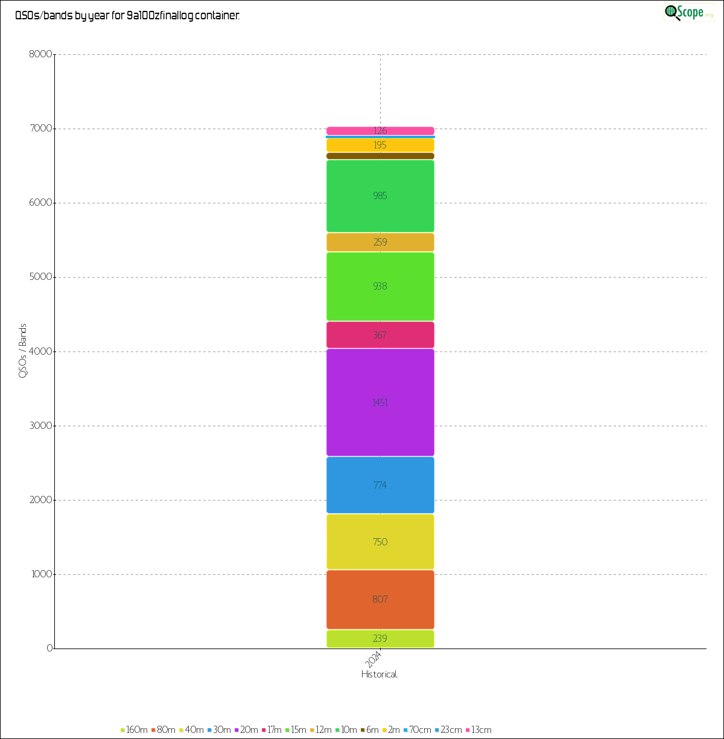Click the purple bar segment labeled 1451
coord(380,402)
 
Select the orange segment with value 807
coord(380,600)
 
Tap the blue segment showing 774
coord(380,485)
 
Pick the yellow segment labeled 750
coord(380,542)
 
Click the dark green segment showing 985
coord(380,196)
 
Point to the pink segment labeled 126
coord(380,131)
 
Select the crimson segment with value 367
coord(380,335)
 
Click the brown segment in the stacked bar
coord(380,156)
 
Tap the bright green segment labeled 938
coord(380,286)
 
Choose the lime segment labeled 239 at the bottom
coord(380,639)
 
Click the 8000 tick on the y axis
coord(41,55)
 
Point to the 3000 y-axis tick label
coord(41,426)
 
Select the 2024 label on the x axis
coord(374,658)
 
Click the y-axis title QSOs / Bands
coord(23,350)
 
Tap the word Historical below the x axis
coord(379,674)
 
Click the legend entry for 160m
coord(134,730)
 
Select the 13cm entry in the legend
coord(478,730)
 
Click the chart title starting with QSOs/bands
coord(127,16)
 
